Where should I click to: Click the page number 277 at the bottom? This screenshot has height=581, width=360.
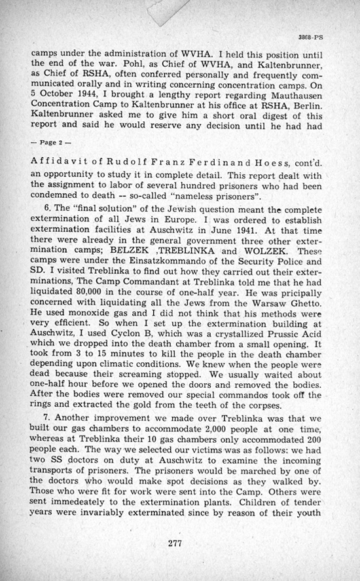(173, 542)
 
